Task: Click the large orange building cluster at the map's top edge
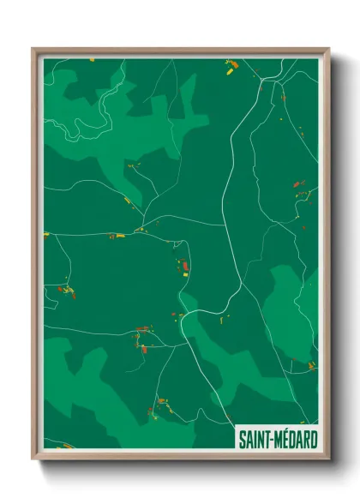coord(230,63)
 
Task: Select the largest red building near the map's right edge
coord(296,183)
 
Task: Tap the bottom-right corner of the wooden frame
coord(328,459)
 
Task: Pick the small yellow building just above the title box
coord(311,366)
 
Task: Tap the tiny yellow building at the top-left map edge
coord(93,59)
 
